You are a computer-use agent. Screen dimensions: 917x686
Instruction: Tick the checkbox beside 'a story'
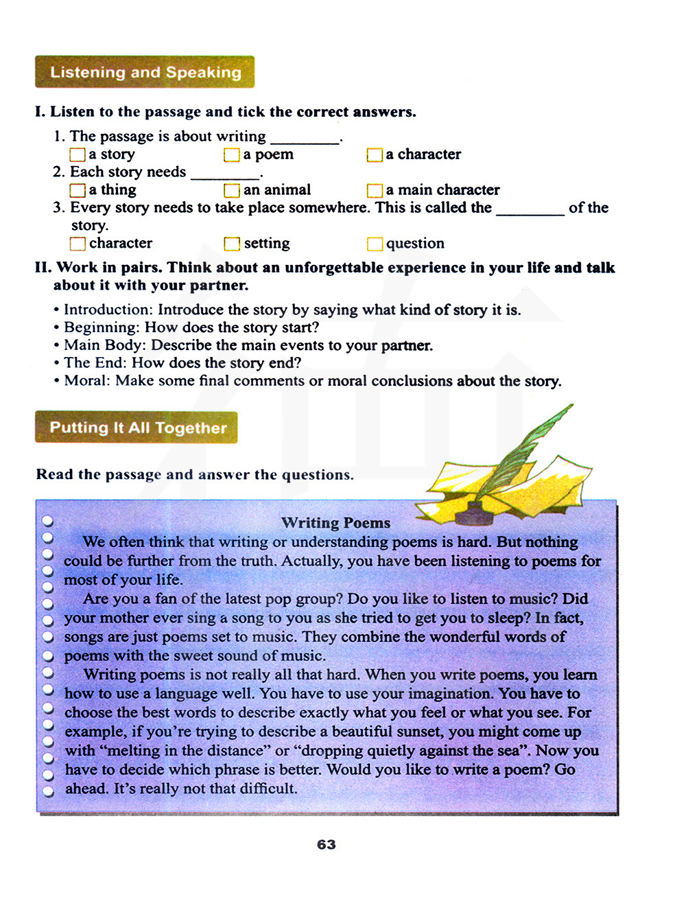(78, 155)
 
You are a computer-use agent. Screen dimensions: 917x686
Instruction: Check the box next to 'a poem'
(232, 155)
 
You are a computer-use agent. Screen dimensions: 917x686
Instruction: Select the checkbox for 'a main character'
(375, 190)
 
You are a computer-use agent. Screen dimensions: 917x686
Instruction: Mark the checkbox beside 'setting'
(232, 244)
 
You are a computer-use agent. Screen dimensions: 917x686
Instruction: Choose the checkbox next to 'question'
(375, 244)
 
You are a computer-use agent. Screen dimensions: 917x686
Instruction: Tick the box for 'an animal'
(232, 190)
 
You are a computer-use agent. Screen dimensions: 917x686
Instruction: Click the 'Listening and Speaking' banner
(145, 72)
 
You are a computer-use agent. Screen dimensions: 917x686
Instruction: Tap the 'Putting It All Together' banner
(137, 428)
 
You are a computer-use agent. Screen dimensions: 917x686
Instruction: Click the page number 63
(327, 845)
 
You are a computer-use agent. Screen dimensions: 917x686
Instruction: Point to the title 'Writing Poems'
(335, 523)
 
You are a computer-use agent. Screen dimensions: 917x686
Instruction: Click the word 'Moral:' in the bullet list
(87, 381)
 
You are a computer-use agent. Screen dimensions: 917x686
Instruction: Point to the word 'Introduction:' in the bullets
(108, 310)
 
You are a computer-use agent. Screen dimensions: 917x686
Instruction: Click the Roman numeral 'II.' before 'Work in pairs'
(44, 268)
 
